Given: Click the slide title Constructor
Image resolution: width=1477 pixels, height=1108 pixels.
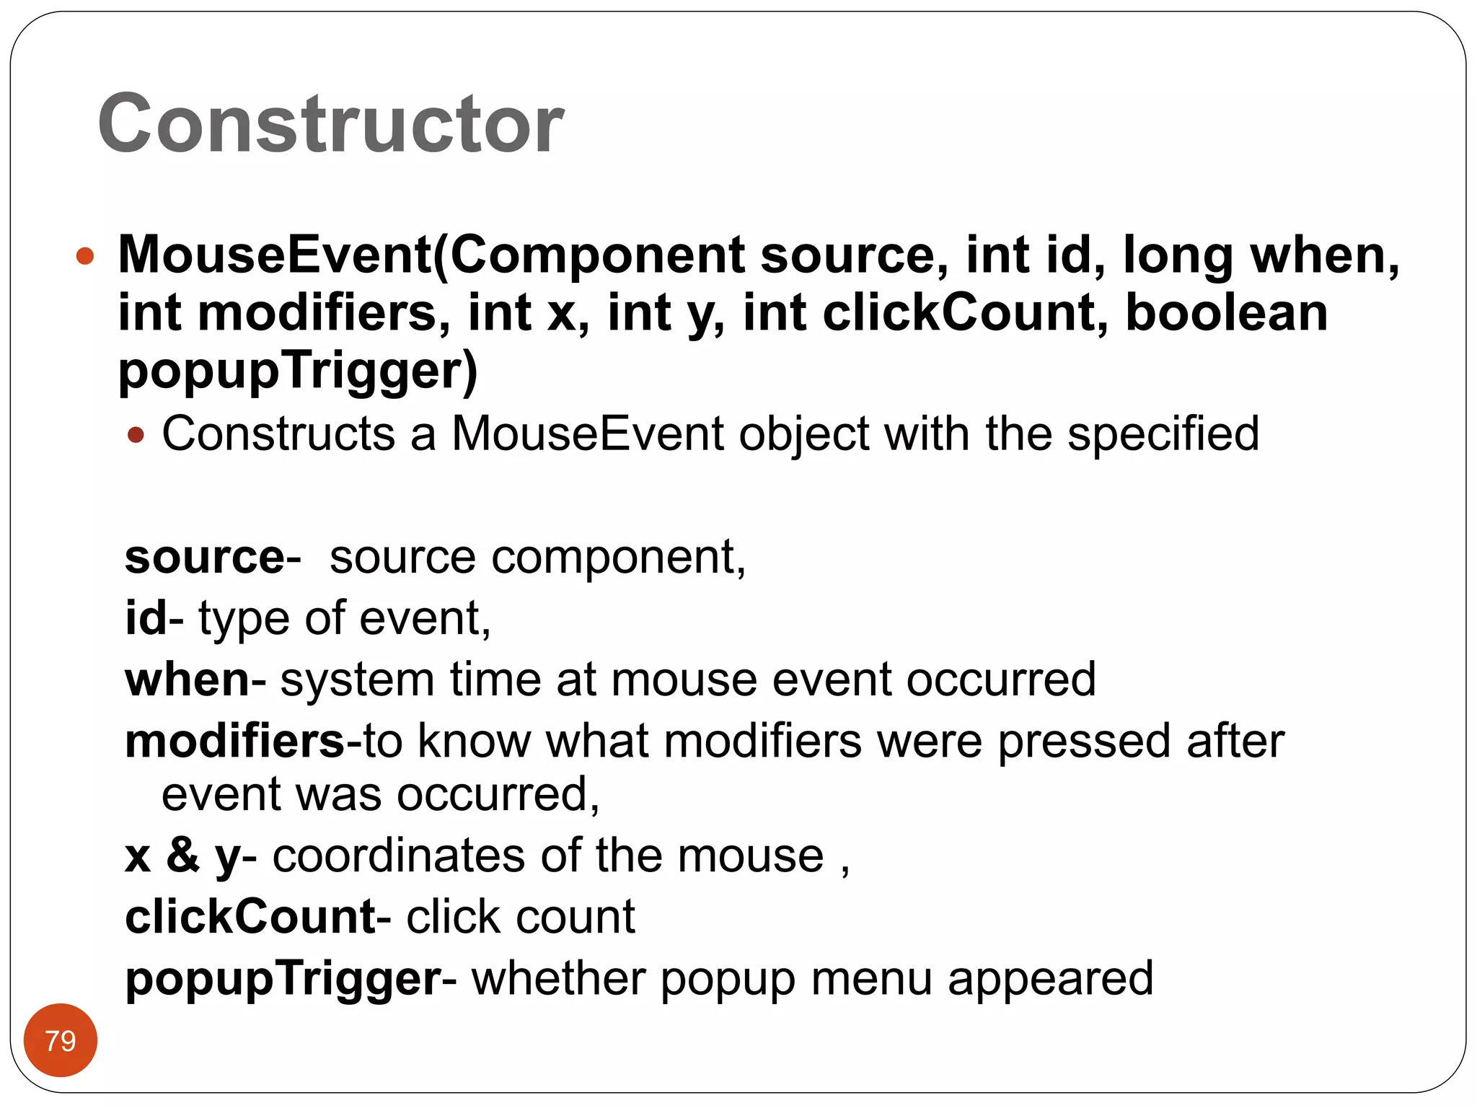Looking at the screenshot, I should [x=331, y=124].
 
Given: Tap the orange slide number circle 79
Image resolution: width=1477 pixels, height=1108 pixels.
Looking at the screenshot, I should [x=61, y=1040].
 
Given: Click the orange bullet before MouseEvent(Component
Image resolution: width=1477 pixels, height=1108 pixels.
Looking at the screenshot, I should [x=85, y=255].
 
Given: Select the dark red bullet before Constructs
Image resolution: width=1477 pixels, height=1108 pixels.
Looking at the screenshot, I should [x=136, y=435].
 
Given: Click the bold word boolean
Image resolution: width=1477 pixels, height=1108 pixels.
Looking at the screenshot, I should [x=1226, y=313].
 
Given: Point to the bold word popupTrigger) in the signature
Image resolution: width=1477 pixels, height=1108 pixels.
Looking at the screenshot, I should [x=298, y=371].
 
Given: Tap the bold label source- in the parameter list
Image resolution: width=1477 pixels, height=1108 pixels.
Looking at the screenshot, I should [x=213, y=558].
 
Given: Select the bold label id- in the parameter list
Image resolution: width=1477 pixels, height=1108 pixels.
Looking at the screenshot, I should [x=154, y=618].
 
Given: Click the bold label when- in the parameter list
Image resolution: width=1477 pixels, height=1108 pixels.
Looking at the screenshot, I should [x=195, y=680].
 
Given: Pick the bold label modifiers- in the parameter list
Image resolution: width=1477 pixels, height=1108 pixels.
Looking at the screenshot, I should [x=242, y=741].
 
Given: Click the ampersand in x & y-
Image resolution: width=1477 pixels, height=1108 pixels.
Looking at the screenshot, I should [x=183, y=856].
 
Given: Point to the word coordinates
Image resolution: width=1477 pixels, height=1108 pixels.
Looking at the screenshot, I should [x=399, y=856].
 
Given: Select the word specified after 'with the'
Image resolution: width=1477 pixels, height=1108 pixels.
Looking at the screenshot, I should [x=1163, y=434].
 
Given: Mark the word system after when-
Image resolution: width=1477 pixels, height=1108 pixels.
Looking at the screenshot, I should [x=357, y=680].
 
